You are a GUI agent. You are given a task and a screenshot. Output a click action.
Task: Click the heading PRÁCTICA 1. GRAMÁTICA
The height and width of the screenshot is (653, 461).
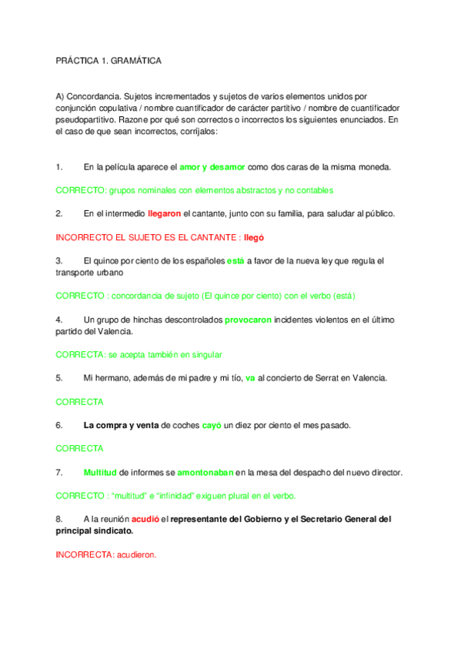[x=109, y=60]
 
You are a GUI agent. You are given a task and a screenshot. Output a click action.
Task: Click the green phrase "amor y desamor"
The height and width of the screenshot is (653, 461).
[x=212, y=167]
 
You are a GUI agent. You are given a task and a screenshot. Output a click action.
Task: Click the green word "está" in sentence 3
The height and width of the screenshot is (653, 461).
[x=236, y=261]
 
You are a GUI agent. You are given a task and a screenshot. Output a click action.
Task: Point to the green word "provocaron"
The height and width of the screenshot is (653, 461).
[x=250, y=319]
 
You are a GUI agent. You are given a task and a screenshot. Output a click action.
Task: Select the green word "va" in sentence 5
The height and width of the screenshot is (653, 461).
[x=250, y=377]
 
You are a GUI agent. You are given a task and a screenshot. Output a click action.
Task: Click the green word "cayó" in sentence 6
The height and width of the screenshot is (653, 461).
[x=212, y=425]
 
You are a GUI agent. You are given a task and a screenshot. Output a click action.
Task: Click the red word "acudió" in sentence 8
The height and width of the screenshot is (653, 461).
[x=145, y=519]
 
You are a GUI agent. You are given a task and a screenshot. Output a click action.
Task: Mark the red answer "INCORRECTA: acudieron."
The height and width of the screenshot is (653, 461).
[x=106, y=554]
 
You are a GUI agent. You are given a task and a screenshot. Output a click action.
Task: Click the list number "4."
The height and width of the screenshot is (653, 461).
[x=59, y=319]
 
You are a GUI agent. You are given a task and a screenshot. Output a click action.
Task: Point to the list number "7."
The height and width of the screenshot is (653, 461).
[x=59, y=472]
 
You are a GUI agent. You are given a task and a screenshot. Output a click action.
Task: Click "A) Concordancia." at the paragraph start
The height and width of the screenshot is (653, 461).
[x=88, y=98]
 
